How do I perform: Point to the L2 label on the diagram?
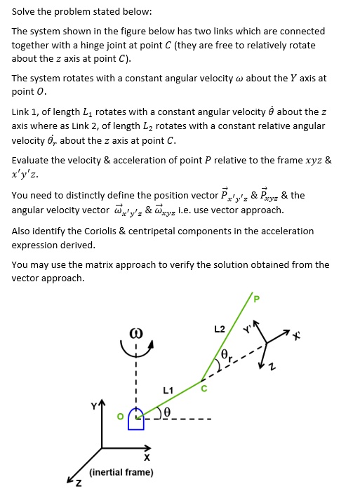click(x=219, y=329)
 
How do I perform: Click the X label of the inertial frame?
click(x=146, y=458)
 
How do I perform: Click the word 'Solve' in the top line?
click(x=24, y=12)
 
